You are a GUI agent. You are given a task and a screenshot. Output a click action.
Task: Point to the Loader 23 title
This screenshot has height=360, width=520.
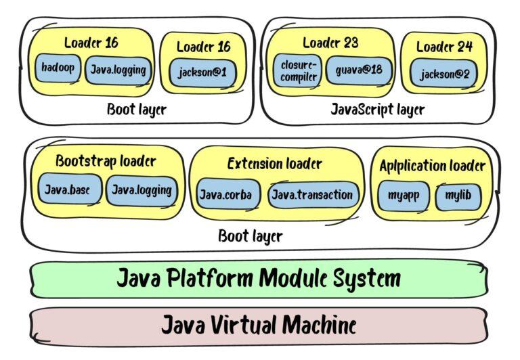[x=330, y=43]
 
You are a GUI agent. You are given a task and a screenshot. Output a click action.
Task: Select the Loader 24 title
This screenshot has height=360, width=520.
[x=444, y=47]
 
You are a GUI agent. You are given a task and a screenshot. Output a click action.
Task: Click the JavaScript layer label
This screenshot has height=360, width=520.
[x=377, y=109]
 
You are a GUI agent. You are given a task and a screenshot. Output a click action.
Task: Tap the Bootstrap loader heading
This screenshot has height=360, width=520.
[x=106, y=162]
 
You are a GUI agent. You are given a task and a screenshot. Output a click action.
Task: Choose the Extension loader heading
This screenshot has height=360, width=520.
[x=274, y=164]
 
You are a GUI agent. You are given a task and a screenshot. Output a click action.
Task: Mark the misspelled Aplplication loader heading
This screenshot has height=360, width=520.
[x=432, y=166]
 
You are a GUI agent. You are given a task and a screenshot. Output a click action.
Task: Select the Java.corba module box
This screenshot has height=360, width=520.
[x=225, y=195]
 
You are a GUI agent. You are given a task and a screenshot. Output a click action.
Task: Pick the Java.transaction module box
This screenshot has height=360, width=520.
[x=312, y=195]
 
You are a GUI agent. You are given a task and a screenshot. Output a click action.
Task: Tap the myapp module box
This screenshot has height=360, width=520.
[x=404, y=196]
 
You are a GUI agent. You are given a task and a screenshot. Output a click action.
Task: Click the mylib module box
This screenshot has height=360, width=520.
[x=458, y=196]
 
